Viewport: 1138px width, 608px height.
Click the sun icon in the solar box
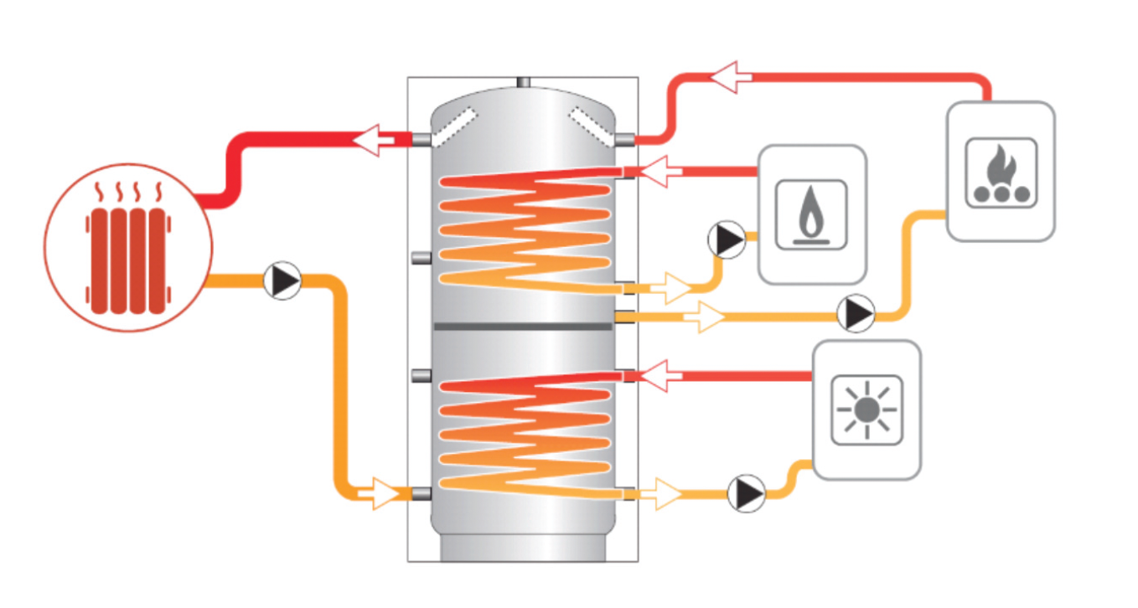pyautogui.click(x=866, y=410)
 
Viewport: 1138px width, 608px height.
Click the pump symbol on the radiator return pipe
pyautogui.click(x=282, y=281)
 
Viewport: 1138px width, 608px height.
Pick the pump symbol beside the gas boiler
pyautogui.click(x=726, y=240)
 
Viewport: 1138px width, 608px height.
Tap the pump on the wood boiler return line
pyautogui.click(x=856, y=314)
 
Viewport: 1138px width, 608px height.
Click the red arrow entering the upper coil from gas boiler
pyautogui.click(x=656, y=172)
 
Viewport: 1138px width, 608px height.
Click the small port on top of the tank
pyautogui.click(x=523, y=82)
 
